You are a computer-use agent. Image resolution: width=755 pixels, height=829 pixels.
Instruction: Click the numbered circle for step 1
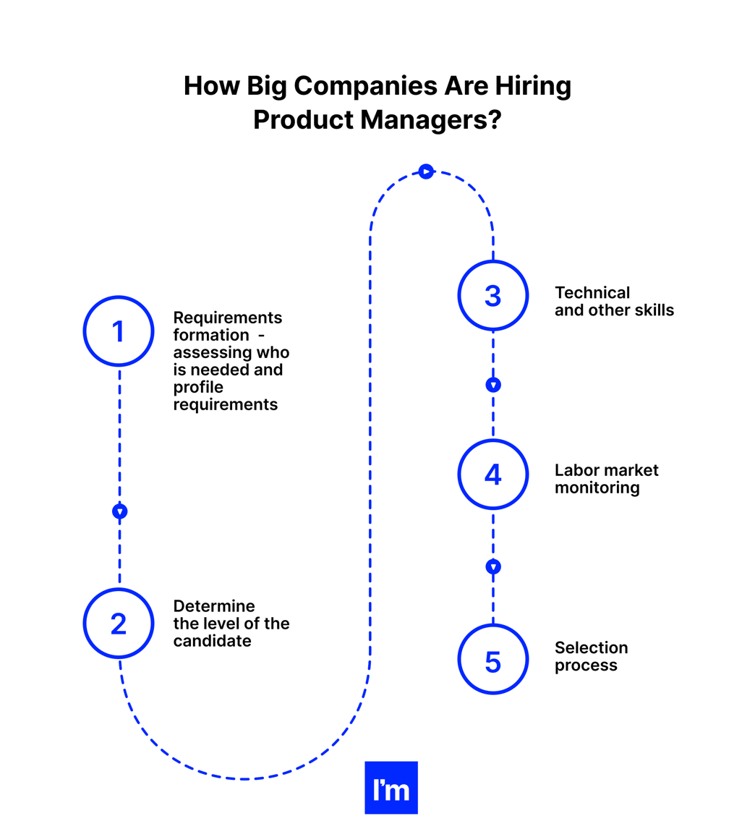pos(119,331)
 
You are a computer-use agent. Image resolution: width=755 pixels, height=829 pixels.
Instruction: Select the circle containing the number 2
pos(119,624)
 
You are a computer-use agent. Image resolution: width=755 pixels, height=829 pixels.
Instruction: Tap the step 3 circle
pos(492,295)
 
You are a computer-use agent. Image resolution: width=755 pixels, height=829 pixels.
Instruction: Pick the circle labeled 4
pos(492,474)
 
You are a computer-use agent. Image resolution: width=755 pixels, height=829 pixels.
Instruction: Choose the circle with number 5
pos(492,659)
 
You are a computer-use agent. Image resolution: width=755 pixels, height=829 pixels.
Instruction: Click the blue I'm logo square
pos(391,788)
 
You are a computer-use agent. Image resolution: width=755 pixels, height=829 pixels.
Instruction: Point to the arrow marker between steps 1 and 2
pos(120,511)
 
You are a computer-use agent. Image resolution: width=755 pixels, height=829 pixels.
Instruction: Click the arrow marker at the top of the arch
pos(426,171)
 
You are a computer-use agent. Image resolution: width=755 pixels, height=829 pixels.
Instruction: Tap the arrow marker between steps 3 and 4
pos(493,385)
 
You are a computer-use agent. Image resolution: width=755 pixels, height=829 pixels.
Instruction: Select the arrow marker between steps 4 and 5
pos(493,566)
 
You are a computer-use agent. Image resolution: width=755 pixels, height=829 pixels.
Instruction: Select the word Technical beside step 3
pos(592,293)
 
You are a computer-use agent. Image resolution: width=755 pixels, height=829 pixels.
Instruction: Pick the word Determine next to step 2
pos(214,606)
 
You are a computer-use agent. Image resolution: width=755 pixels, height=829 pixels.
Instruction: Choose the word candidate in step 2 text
pos(212,641)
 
